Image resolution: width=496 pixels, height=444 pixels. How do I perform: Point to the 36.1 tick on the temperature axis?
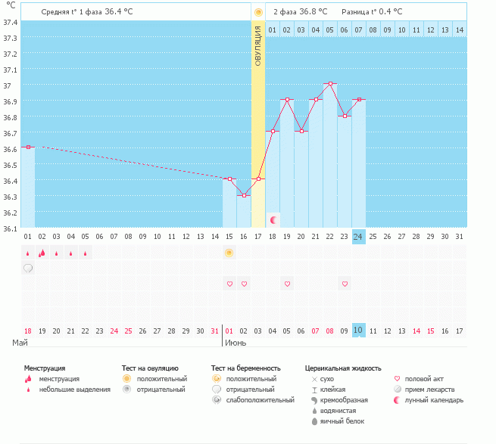click(x=9, y=228)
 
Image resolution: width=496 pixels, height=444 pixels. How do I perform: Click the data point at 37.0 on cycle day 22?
click(x=329, y=83)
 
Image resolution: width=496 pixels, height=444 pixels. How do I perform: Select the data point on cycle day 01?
click(x=28, y=147)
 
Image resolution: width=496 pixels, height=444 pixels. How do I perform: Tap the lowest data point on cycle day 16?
click(x=244, y=195)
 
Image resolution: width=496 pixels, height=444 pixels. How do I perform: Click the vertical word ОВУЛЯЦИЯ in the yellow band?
click(x=258, y=45)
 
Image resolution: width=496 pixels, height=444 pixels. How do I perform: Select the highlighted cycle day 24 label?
click(x=358, y=237)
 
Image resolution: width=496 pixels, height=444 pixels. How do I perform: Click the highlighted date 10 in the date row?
click(x=358, y=331)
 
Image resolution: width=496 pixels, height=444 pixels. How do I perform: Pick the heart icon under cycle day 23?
click(x=345, y=284)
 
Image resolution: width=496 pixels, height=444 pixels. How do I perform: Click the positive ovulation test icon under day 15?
click(x=229, y=253)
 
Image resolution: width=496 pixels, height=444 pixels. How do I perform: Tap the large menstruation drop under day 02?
click(x=42, y=253)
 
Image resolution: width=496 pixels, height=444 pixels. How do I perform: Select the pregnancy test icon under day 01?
click(x=28, y=268)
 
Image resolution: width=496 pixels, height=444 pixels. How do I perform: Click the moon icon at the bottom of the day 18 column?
click(x=273, y=219)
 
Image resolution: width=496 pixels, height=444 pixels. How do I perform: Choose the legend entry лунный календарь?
click(x=434, y=400)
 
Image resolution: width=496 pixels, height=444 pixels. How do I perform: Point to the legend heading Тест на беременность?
click(x=251, y=368)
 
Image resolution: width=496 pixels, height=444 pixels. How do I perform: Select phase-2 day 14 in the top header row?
click(x=459, y=29)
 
